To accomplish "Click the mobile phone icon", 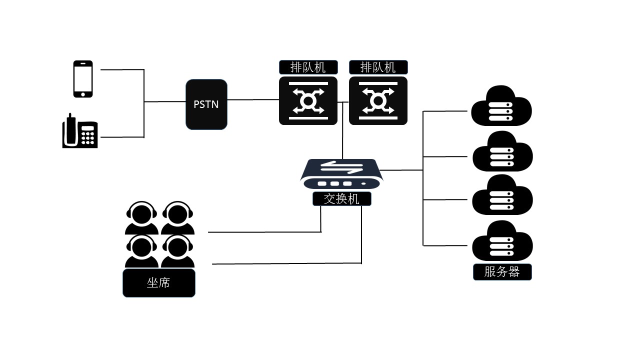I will pyautogui.click(x=83, y=79).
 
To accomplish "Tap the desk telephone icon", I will pyautogui.click(x=79, y=131).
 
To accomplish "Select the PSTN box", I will pyautogui.click(x=206, y=104).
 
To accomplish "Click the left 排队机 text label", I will pyautogui.click(x=308, y=67).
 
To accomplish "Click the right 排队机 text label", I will pyautogui.click(x=378, y=67).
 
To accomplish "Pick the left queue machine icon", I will pyautogui.click(x=308, y=100).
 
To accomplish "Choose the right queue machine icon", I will pyautogui.click(x=378, y=100).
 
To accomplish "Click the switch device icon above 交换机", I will pyautogui.click(x=341, y=174).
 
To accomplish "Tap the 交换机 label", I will pyautogui.click(x=342, y=199).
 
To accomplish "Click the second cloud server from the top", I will pyautogui.click(x=502, y=151).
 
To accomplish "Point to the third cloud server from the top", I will pyautogui.click(x=502, y=195).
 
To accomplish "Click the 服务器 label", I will pyautogui.click(x=502, y=272).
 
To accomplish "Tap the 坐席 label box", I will pyautogui.click(x=158, y=283).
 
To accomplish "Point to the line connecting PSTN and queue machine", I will pyautogui.click(x=253, y=99).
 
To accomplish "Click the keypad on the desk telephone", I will pyautogui.click(x=88, y=135).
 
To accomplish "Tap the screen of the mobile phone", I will pyautogui.click(x=83, y=77).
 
